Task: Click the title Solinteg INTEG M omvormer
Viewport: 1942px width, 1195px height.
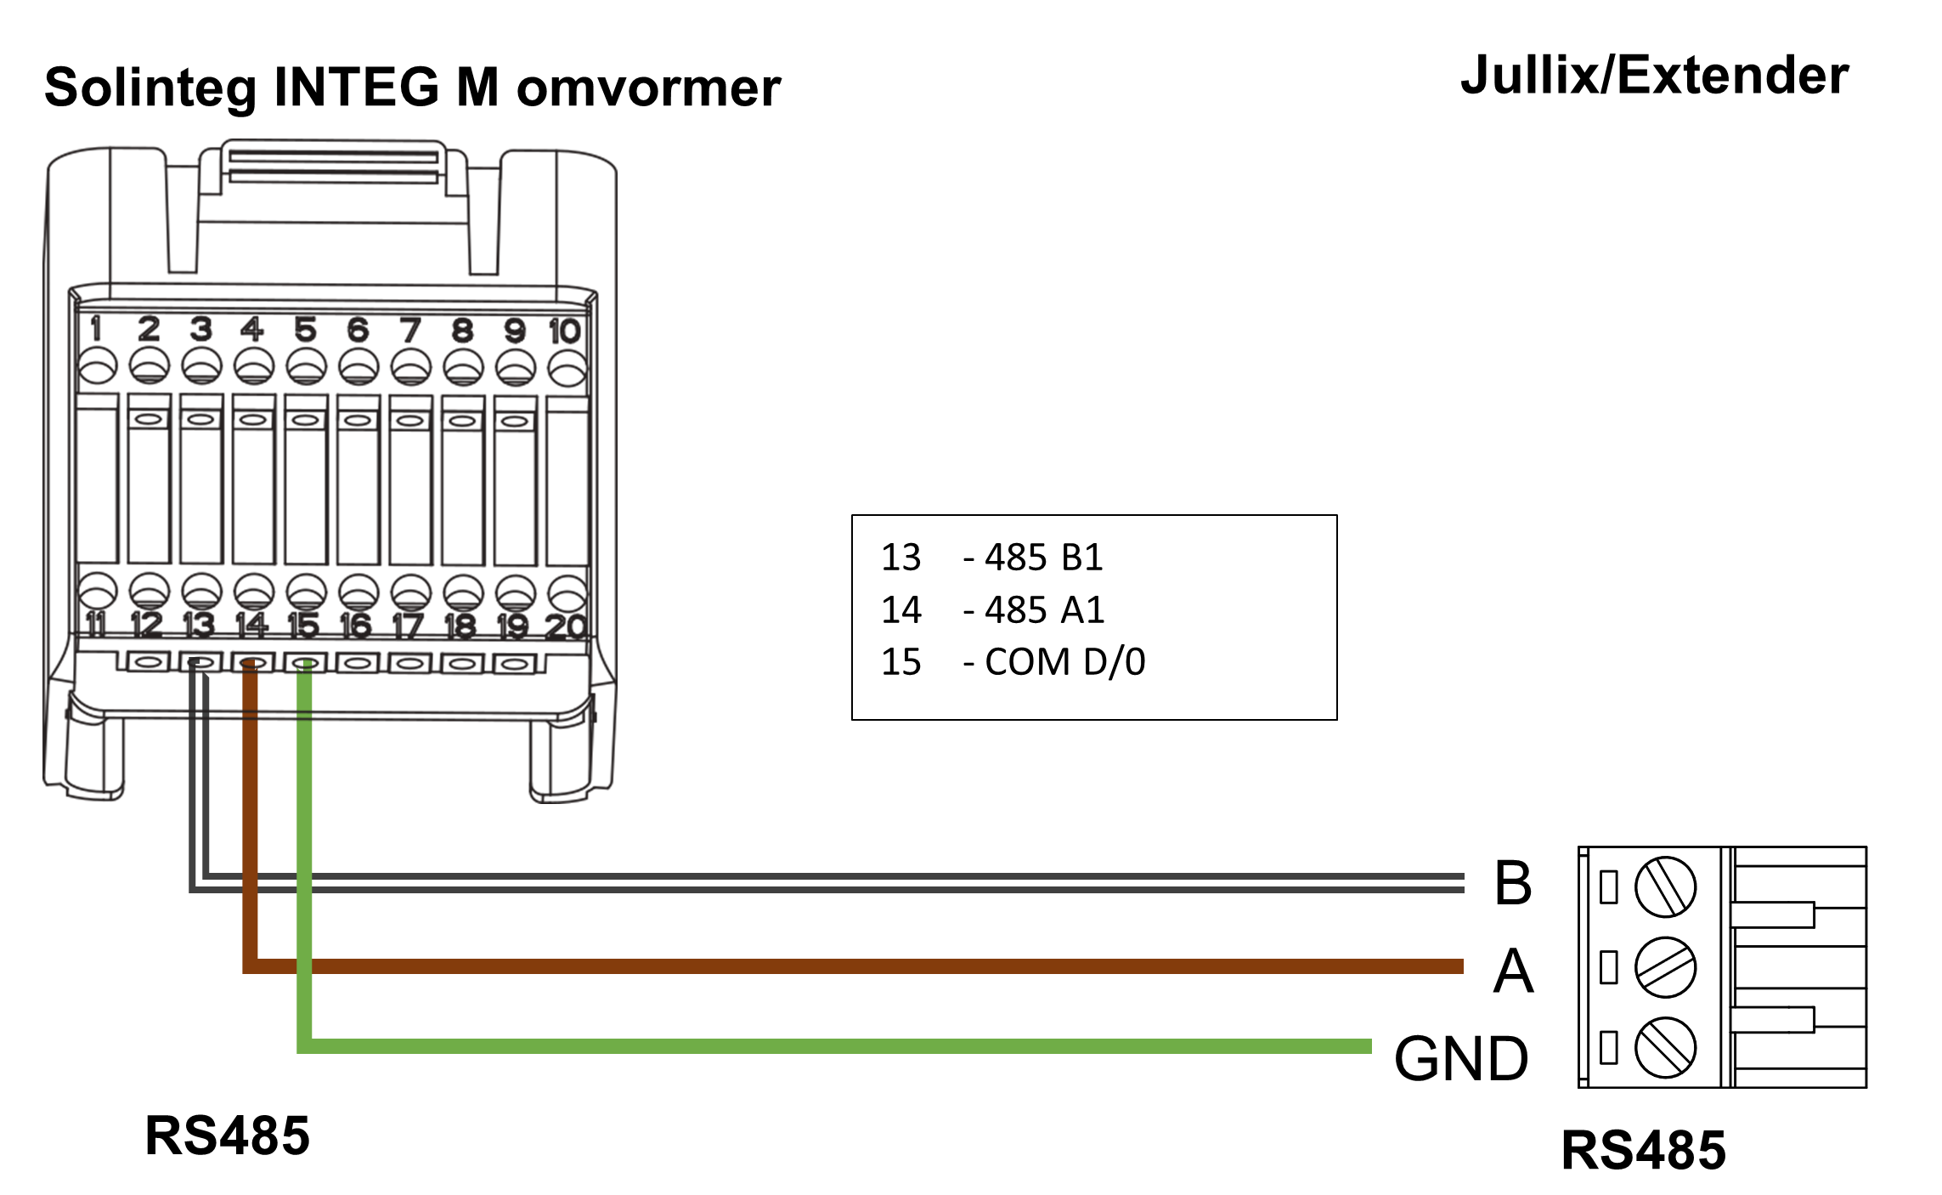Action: pyautogui.click(x=412, y=87)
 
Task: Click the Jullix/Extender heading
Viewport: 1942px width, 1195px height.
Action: pyautogui.click(x=1654, y=76)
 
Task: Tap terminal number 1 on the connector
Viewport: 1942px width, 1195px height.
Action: pyautogui.click(x=96, y=328)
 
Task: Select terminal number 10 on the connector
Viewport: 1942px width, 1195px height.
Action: pyautogui.click(x=565, y=331)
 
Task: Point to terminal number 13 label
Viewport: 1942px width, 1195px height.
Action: pyautogui.click(x=200, y=625)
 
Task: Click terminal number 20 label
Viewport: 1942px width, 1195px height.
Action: pyautogui.click(x=566, y=627)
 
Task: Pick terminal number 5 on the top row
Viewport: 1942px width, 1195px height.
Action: pyautogui.click(x=306, y=330)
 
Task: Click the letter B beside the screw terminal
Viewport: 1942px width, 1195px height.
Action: pyautogui.click(x=1513, y=883)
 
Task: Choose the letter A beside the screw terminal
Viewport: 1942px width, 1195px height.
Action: pyautogui.click(x=1513, y=971)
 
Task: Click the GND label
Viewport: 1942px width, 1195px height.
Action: pyautogui.click(x=1461, y=1059)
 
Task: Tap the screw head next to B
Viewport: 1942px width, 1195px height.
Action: pyautogui.click(x=1665, y=886)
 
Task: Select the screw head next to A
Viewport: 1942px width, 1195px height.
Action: pyautogui.click(x=1665, y=967)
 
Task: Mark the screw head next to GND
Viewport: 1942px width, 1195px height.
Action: pyautogui.click(x=1665, y=1047)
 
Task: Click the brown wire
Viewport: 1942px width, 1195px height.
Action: pyautogui.click(x=850, y=966)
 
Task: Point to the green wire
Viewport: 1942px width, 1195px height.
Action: pyautogui.click(x=850, y=1046)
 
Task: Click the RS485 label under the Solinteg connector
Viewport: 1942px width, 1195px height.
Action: pyautogui.click(x=227, y=1136)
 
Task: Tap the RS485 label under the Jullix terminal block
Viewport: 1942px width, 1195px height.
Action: pyautogui.click(x=1643, y=1150)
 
